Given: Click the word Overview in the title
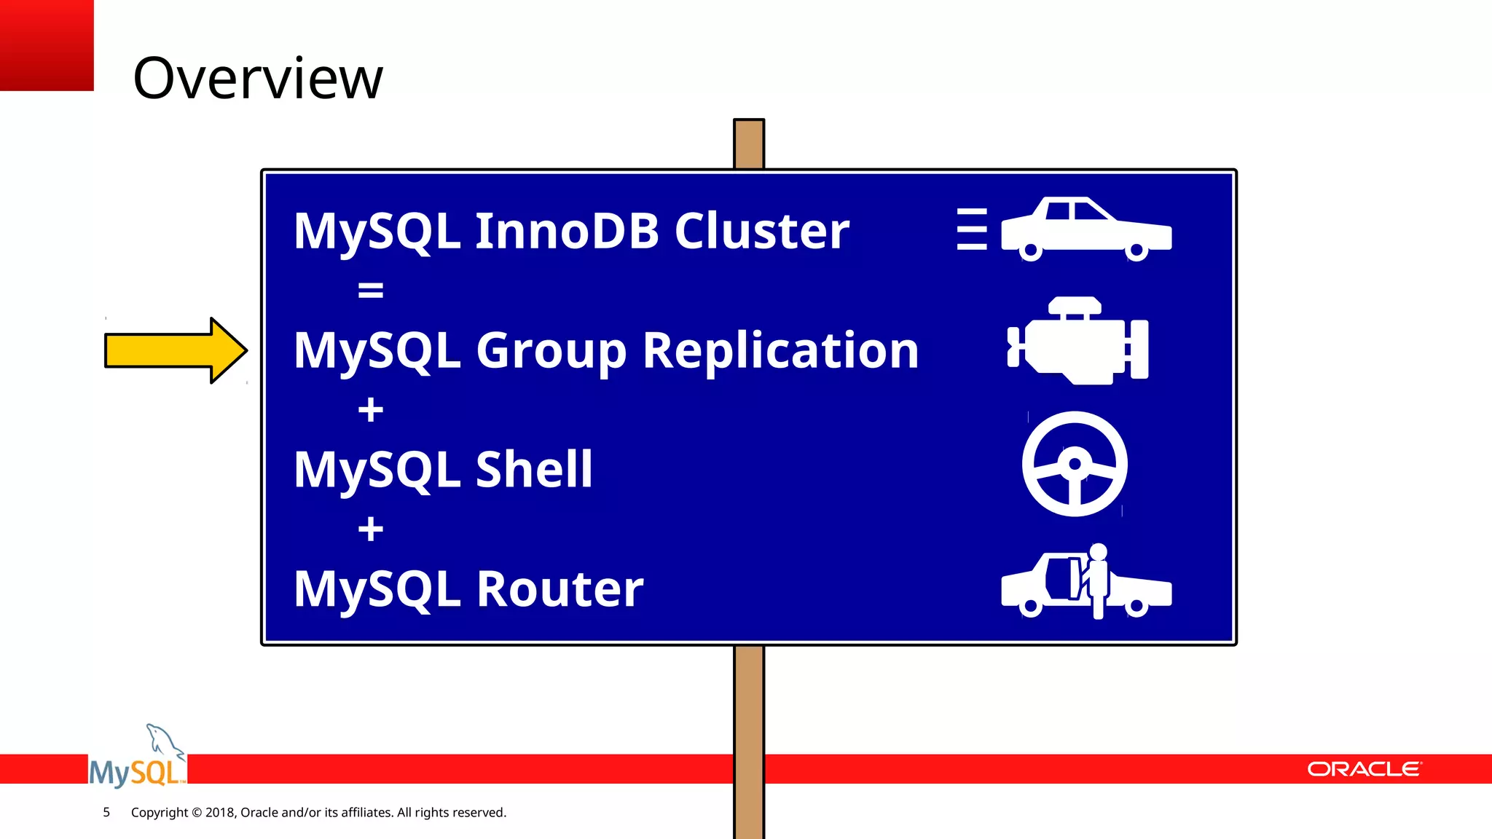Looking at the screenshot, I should point(257,78).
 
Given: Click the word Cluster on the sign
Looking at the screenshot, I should point(761,231).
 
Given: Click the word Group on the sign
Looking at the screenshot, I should point(551,352).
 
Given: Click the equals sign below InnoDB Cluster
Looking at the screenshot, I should point(370,291).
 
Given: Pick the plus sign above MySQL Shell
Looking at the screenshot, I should point(370,409).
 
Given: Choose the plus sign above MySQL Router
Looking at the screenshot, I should point(370,529).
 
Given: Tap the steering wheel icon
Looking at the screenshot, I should point(1075,464).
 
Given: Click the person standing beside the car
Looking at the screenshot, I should point(1097,579).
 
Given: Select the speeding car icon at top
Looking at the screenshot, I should point(1086,229).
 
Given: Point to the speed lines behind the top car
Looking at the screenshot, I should point(972,229).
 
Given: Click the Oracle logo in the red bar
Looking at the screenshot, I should point(1363,769).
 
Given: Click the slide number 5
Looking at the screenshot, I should point(106,812).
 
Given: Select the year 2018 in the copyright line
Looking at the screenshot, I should point(220,812).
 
